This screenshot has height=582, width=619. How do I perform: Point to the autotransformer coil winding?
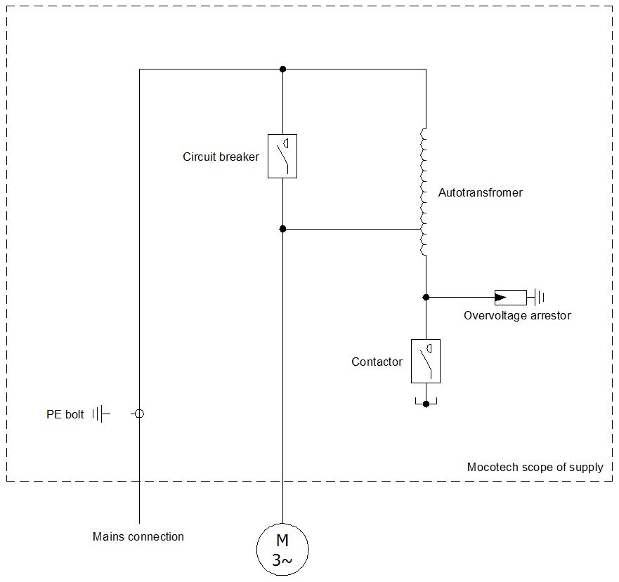tap(423, 192)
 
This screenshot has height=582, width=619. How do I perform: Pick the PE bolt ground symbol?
tap(101, 414)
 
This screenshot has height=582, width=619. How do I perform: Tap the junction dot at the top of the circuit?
tap(282, 69)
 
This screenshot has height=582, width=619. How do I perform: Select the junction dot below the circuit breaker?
tap(282, 229)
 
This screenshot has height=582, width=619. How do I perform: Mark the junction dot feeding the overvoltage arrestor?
tap(426, 297)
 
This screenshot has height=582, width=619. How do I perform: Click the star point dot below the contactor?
tap(426, 404)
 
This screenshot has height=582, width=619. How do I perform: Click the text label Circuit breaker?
tap(221, 157)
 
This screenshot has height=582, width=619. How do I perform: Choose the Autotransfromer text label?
tap(481, 192)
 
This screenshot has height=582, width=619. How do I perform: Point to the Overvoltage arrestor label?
tap(517, 316)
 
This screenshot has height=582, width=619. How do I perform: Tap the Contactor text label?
tap(377, 362)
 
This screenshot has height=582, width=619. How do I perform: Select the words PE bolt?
tap(65, 414)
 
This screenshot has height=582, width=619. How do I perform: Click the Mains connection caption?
tap(138, 536)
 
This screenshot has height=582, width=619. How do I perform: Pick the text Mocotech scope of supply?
tap(535, 467)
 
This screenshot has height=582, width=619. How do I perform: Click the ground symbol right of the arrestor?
tap(536, 297)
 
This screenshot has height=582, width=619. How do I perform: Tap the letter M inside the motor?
tap(282, 540)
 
